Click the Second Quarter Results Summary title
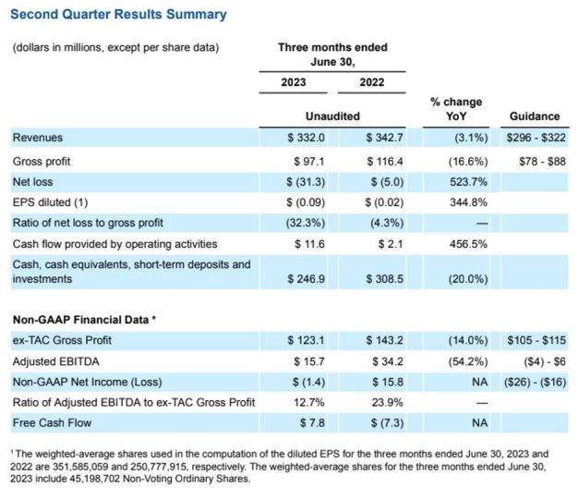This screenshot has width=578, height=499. pyautogui.click(x=118, y=15)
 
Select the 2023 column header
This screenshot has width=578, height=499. pyautogui.click(x=294, y=82)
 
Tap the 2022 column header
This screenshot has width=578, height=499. pyautogui.click(x=372, y=82)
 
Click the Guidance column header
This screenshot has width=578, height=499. pyautogui.click(x=535, y=116)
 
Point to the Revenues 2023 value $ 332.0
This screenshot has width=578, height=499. pyautogui.click(x=307, y=138)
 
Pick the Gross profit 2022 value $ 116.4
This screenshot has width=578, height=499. pyautogui.click(x=385, y=161)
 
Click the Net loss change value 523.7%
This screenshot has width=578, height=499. pyautogui.click(x=468, y=182)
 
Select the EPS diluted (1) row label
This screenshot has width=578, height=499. pyautogui.click(x=50, y=202)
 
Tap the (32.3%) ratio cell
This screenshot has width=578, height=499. pyautogui.click(x=306, y=223)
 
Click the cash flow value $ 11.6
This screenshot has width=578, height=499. pyautogui.click(x=309, y=244)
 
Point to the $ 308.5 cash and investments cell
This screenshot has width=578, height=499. pyautogui.click(x=385, y=279)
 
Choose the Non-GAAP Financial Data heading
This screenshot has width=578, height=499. pyautogui.click(x=84, y=320)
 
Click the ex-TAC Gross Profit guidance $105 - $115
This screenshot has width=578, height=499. pyautogui.click(x=536, y=340)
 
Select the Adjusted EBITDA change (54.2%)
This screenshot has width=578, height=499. pyautogui.click(x=468, y=361)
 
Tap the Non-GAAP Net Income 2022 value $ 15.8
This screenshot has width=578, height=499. pyautogui.click(x=388, y=382)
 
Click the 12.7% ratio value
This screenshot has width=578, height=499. pyautogui.click(x=309, y=402)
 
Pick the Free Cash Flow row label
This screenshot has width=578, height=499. pyautogui.click(x=52, y=422)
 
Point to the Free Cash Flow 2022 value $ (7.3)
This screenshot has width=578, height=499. pyautogui.click(x=388, y=422)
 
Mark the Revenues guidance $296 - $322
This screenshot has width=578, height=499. pyautogui.click(x=536, y=138)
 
